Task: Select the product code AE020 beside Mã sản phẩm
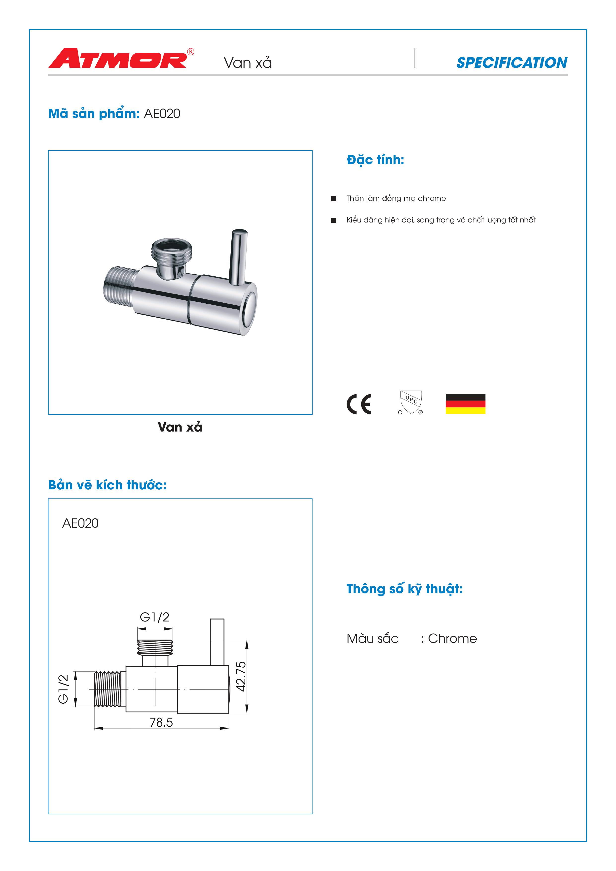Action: click(162, 114)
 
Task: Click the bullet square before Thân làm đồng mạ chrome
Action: click(334, 198)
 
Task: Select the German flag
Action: click(465, 404)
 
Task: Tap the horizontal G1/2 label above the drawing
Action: click(154, 617)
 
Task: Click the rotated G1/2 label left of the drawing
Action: click(63, 689)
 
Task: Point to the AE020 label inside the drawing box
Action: click(80, 523)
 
